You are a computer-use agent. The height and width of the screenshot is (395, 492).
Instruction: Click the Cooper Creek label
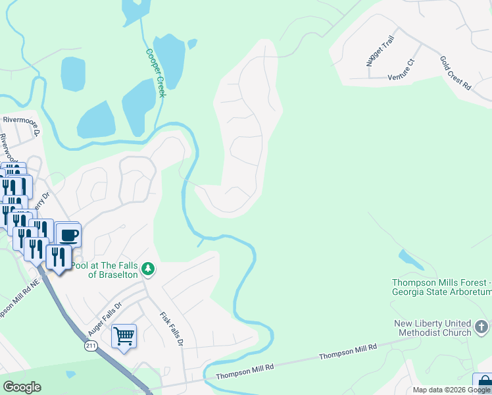156,72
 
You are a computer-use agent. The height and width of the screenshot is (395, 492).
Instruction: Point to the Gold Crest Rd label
456,72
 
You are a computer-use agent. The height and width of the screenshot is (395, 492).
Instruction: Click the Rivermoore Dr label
22,120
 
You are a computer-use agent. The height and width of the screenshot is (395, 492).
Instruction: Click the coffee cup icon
68,234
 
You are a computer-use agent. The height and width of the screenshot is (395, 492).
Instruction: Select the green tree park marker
149,269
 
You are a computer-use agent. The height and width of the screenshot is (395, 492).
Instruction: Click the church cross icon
481,327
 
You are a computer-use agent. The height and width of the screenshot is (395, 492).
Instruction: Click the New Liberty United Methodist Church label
433,328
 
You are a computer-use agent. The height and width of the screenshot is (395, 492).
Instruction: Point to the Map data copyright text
451,390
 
